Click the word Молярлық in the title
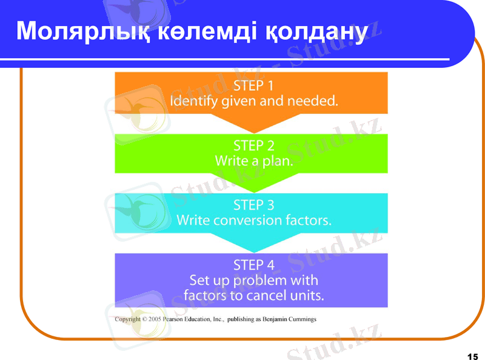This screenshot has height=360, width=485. pyautogui.click(x=70, y=32)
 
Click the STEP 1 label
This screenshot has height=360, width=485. pyautogui.click(x=253, y=85)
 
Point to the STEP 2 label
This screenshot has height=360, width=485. pyautogui.click(x=253, y=145)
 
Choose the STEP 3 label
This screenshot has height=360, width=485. pyautogui.click(x=253, y=205)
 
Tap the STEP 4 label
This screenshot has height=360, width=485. pyautogui.click(x=253, y=265)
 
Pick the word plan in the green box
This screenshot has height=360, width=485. pyautogui.click(x=278, y=162)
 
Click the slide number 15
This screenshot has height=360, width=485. pyautogui.click(x=473, y=355)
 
